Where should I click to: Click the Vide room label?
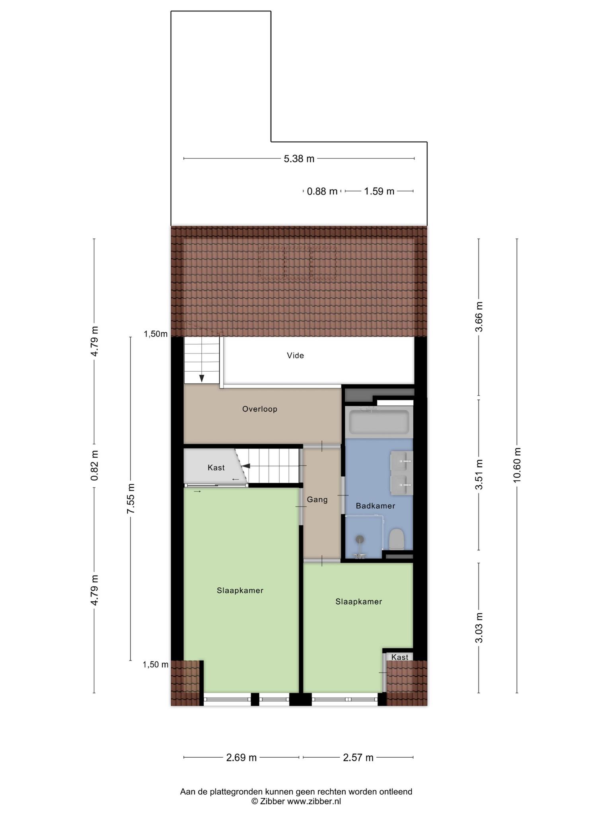point(295,355)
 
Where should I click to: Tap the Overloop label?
point(260,409)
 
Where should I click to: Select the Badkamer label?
point(376,506)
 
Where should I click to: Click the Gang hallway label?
point(317,499)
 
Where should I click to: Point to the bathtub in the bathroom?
point(379,422)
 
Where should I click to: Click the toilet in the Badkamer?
point(397,539)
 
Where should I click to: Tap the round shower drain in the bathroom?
point(360,539)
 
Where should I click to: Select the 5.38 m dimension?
point(299,159)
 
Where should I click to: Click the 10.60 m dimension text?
point(517,465)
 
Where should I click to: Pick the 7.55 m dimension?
point(130,499)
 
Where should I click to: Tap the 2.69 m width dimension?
point(241,757)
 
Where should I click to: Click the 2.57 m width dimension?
point(358,757)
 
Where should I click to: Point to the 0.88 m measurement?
point(322,191)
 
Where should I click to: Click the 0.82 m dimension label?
point(94,465)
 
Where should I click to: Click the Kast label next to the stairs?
point(216,468)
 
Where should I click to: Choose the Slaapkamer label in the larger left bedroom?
point(240,591)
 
